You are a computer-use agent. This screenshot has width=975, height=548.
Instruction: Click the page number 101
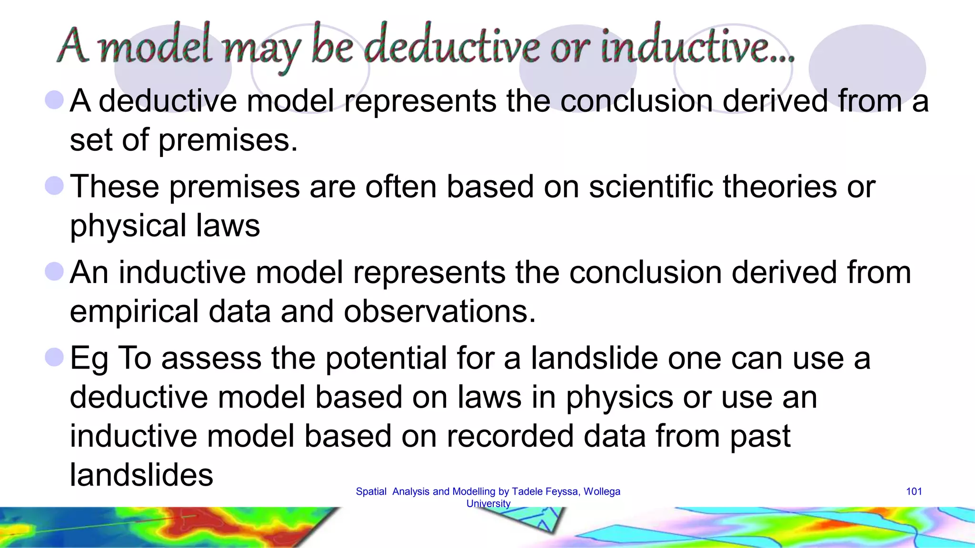pyautogui.click(x=914, y=491)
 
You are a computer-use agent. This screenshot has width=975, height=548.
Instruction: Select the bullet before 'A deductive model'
pyautogui.click(x=54, y=100)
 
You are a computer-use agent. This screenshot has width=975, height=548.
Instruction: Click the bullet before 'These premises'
pyautogui.click(x=54, y=186)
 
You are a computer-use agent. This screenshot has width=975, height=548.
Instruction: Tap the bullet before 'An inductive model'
pyautogui.click(x=54, y=272)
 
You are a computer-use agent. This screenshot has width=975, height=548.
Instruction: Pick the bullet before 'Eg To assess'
pyautogui.click(x=54, y=357)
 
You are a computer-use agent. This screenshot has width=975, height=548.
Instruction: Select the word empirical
pyautogui.click(x=134, y=312)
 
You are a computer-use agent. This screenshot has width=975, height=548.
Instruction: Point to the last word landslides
pyautogui.click(x=141, y=475)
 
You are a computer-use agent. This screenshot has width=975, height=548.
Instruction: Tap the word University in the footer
pyautogui.click(x=488, y=503)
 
